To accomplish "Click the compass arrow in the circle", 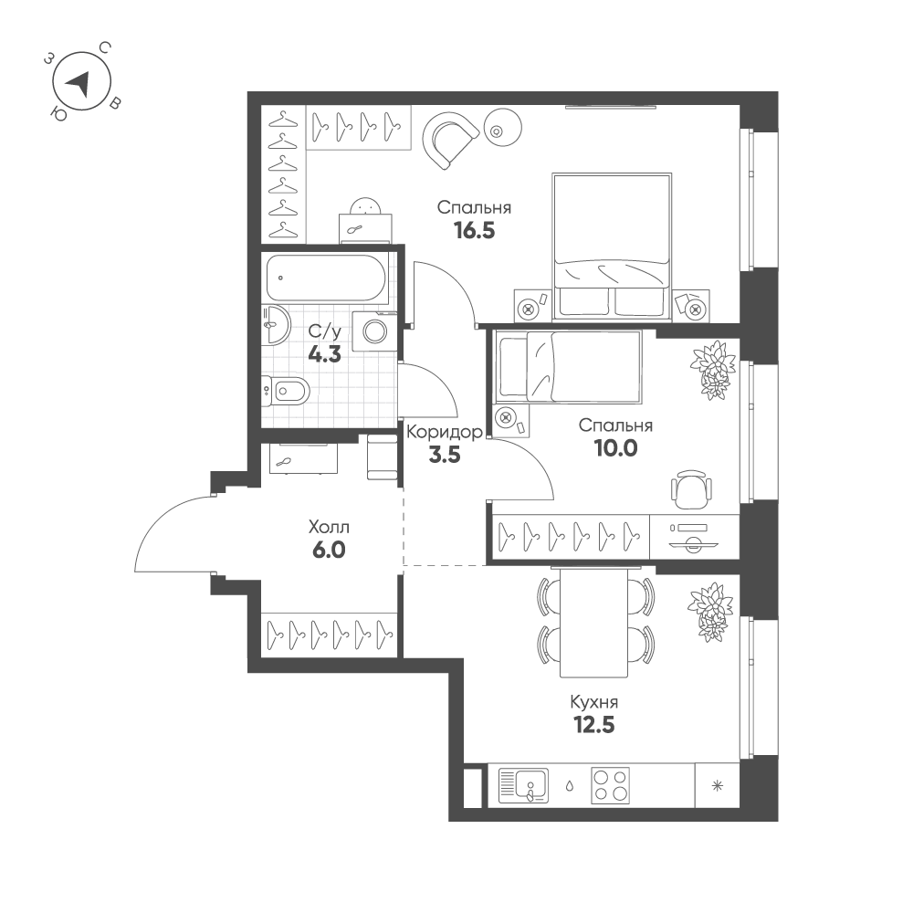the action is [x=79, y=84].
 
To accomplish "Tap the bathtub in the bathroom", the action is [x=326, y=278].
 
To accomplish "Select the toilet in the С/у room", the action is [x=285, y=390].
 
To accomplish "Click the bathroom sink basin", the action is [x=275, y=325].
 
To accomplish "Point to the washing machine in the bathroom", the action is [x=374, y=331].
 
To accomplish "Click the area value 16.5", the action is [x=475, y=231].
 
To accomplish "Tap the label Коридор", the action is [x=445, y=432].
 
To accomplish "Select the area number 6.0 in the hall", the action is [x=329, y=550].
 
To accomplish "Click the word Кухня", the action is [x=594, y=703].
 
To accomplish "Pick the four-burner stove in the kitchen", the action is [x=610, y=785].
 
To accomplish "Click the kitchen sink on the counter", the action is [x=523, y=785].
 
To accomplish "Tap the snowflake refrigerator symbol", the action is [x=718, y=786].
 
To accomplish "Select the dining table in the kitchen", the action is [x=594, y=623].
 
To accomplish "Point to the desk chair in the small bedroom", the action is [x=692, y=490].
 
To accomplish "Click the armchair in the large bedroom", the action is [x=450, y=139].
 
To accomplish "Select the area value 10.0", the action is [x=615, y=448].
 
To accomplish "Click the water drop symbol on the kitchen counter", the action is [x=570, y=786].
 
